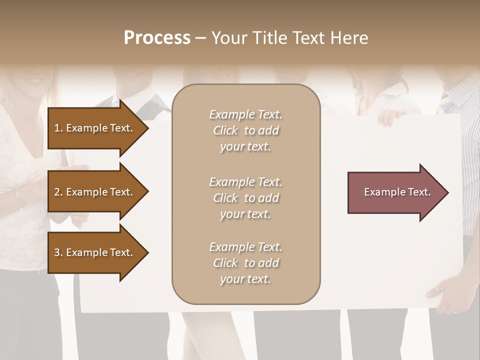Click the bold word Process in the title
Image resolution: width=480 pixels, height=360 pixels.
157,37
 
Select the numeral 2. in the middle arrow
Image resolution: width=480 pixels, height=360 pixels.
58,192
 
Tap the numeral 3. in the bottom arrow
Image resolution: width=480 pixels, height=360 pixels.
58,252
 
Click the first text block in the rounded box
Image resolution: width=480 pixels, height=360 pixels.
245,130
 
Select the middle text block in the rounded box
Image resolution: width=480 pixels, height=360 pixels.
245,198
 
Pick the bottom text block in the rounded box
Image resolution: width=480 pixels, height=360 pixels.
245,263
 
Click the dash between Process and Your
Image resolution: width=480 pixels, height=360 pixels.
200,38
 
